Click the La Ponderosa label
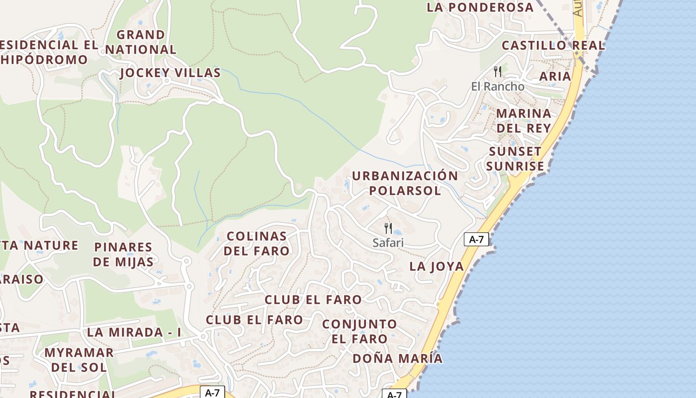tap(480, 7)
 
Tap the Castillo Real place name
tap(553, 45)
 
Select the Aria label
tap(555, 76)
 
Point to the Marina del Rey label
tap(523, 120)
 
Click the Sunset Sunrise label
tap(515, 159)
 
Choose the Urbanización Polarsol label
tap(405, 183)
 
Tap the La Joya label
tap(436, 266)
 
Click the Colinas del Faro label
tap(256, 243)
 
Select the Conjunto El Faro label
tap(359, 331)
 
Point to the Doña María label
tap(397, 358)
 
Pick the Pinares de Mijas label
tap(123, 254)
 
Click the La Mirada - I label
tap(134, 332)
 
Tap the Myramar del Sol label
tap(79, 360)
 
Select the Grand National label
tap(140, 42)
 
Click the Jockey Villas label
tap(170, 73)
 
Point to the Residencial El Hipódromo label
tap(47, 52)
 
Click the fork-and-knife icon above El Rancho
tap(497, 71)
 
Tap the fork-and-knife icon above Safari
tap(388, 228)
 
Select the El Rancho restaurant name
tap(497, 87)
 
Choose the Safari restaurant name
tap(388, 243)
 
